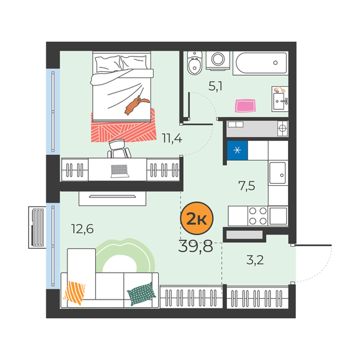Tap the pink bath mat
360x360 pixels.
(x=245, y=105)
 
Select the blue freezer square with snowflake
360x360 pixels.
(x=237, y=150)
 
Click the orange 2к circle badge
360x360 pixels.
(x=197, y=219)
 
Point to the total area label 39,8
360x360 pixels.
(x=195, y=246)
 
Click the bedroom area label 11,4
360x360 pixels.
(x=172, y=138)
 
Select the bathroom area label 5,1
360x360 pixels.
(x=215, y=87)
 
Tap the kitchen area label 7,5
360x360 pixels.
(x=247, y=186)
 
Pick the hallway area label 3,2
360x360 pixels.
(x=255, y=260)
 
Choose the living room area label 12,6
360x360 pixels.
(x=82, y=229)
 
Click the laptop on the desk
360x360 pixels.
(x=120, y=171)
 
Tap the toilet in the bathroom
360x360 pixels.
(x=195, y=64)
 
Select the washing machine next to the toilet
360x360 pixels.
(x=218, y=60)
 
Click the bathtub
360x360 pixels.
(x=260, y=63)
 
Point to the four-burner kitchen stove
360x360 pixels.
(x=258, y=215)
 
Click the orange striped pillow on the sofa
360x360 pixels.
(x=75, y=292)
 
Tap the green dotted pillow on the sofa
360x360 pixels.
(x=141, y=294)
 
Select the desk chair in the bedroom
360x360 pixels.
(x=119, y=148)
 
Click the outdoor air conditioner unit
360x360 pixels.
(x=37, y=228)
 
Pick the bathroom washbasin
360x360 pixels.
(x=280, y=99)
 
